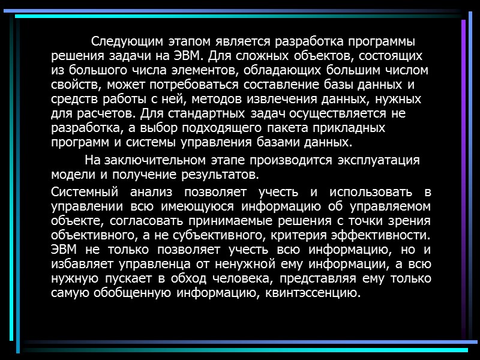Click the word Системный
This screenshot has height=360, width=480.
click(83, 193)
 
